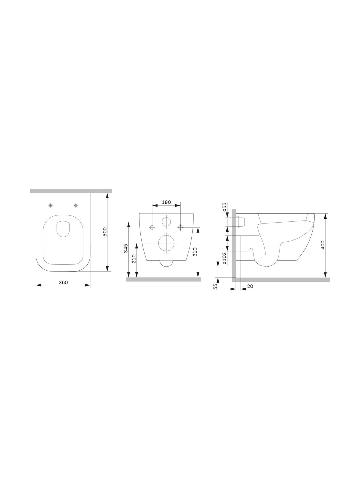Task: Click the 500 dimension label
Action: click(105, 232)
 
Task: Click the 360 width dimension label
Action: click(63, 282)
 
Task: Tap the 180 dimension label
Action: click(166, 202)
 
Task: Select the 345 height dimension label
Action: click(126, 248)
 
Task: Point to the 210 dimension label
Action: click(134, 259)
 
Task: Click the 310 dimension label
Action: click(195, 252)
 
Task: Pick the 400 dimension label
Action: click(323, 245)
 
